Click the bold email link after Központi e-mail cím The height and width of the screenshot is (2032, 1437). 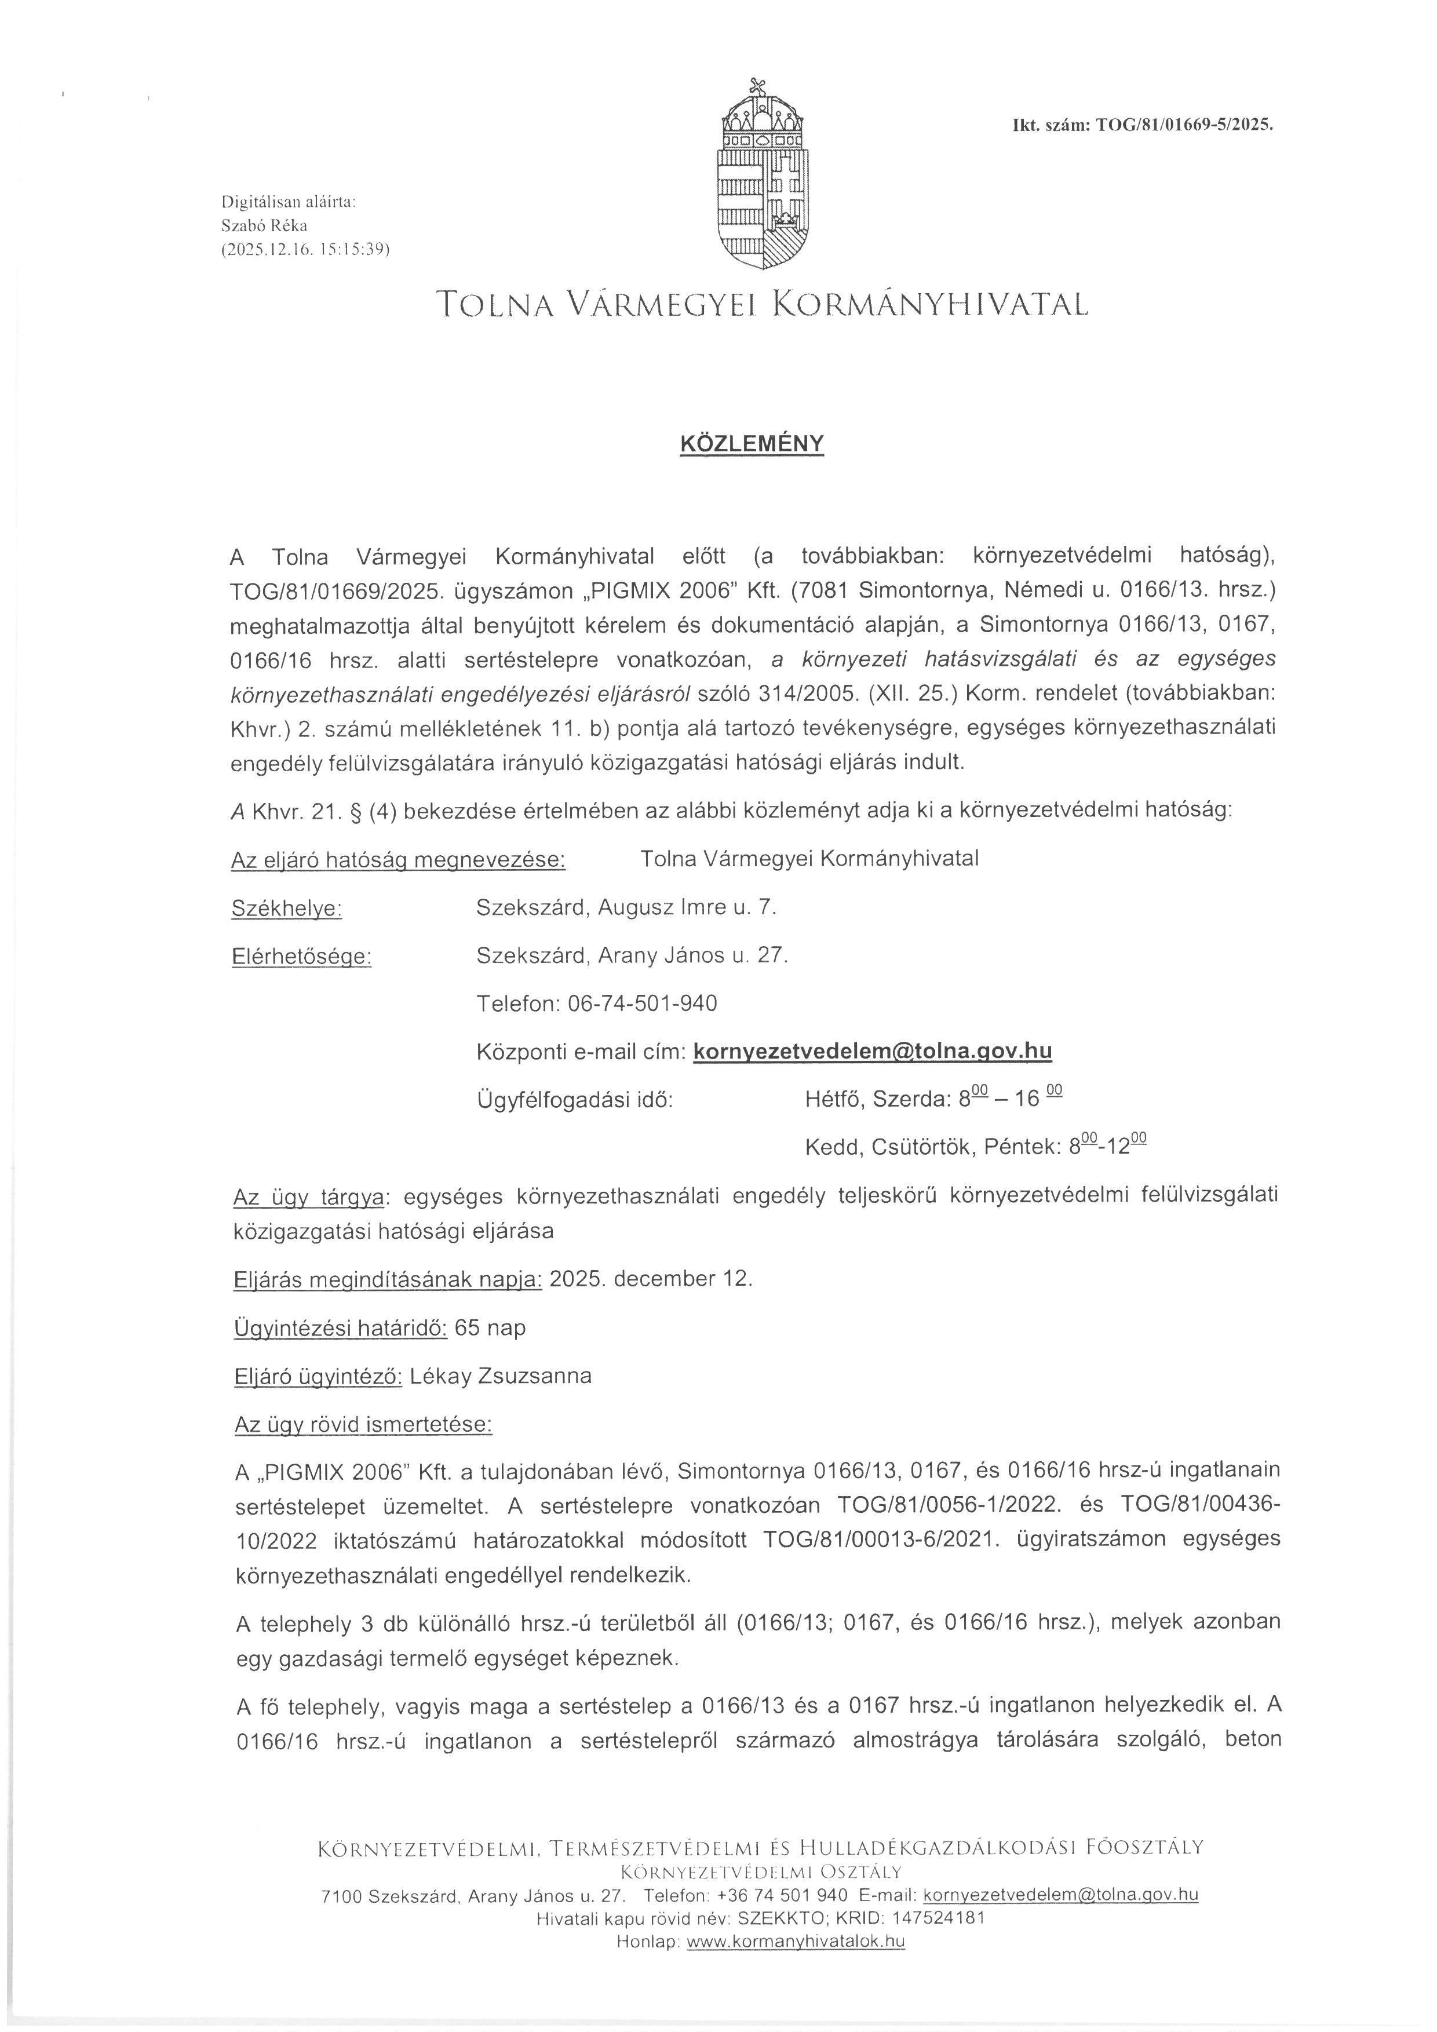tap(873, 1050)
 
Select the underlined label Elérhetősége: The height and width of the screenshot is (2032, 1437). tap(301, 957)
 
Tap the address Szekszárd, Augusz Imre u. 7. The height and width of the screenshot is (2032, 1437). tap(626, 907)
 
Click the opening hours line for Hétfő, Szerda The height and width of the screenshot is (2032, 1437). tap(933, 1099)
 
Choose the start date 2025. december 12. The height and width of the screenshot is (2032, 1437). tap(651, 1279)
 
